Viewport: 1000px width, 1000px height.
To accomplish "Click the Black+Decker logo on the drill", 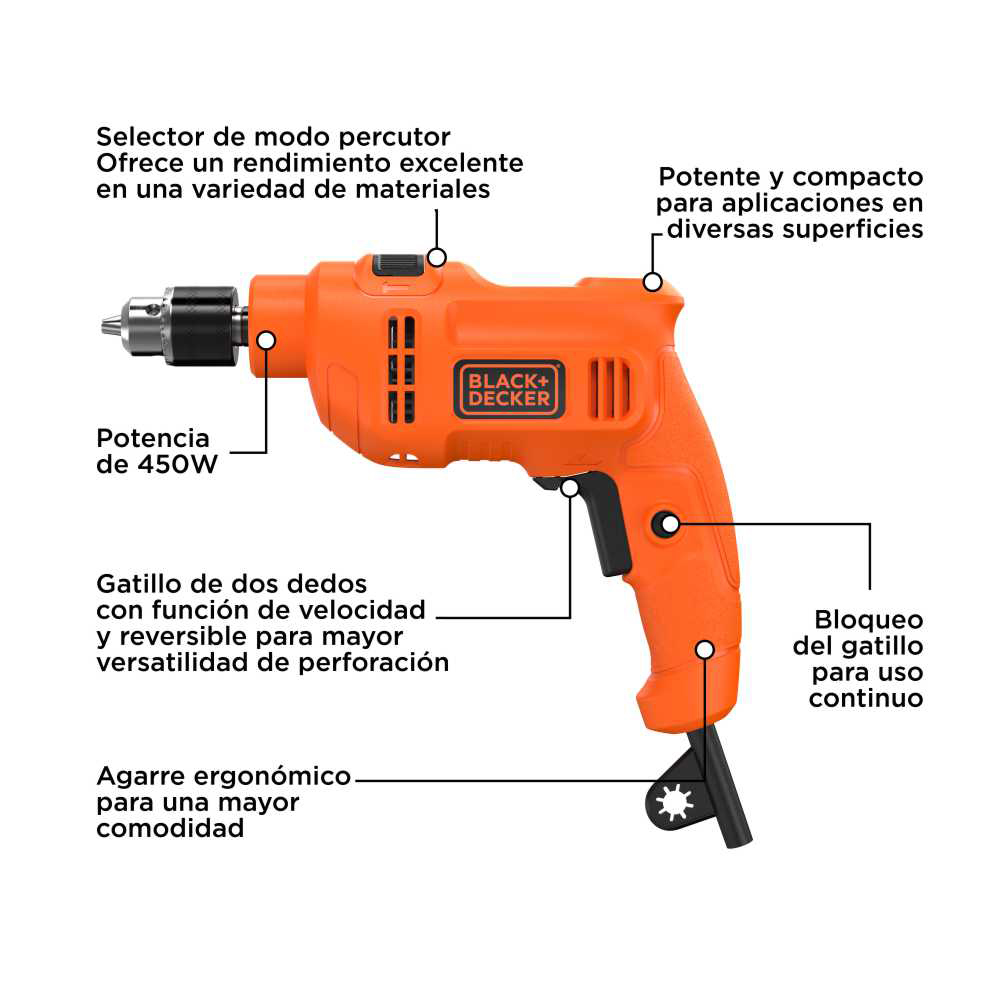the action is tap(509, 390).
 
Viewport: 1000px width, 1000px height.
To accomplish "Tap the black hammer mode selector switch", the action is tap(398, 265).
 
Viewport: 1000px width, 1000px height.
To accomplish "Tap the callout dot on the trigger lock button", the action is tap(670, 524).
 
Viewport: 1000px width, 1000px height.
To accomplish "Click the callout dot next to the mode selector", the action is tap(437, 258).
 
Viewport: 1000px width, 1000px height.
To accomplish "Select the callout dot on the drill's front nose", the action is tap(266, 340).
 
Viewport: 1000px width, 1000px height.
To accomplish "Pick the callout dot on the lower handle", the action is tap(705, 650).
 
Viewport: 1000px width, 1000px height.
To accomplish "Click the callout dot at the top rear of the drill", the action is tap(652, 282).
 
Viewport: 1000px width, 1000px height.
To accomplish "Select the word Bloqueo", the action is tap(869, 620).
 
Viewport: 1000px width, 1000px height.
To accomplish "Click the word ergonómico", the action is tap(272, 777).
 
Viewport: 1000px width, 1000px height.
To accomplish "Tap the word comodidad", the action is tap(170, 828).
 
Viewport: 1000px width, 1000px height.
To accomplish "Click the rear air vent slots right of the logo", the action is tap(609, 389).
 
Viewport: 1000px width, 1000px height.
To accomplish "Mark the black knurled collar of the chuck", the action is tap(203, 326).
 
